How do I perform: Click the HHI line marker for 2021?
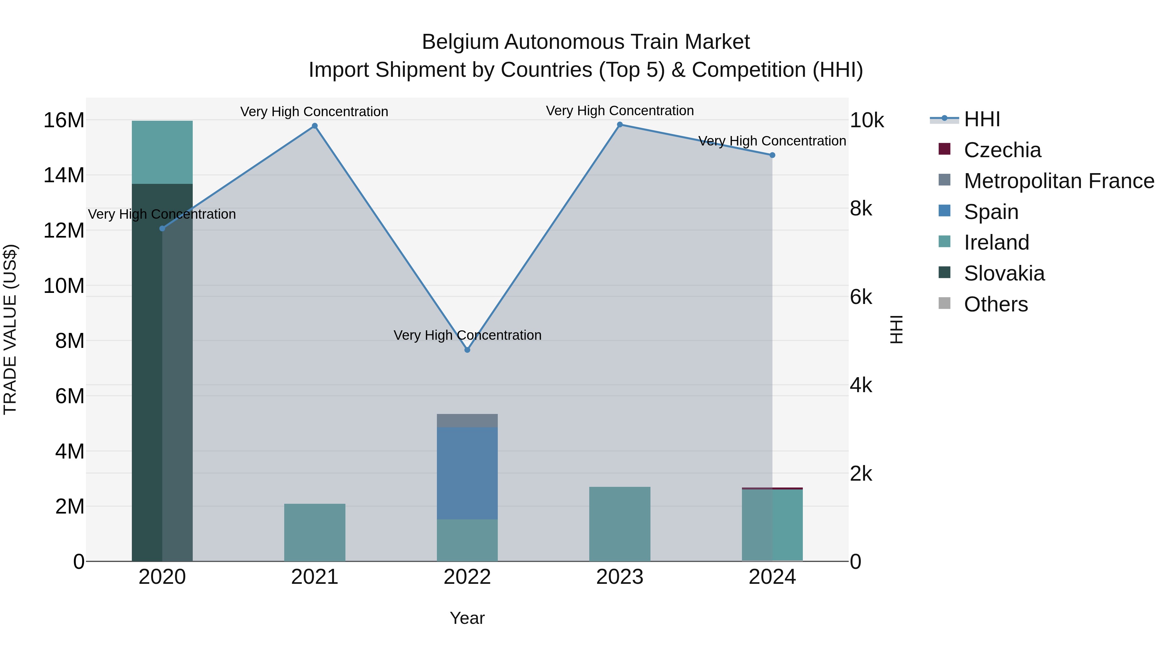click(314, 126)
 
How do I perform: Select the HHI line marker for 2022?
click(467, 350)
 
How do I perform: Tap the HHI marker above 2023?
click(620, 125)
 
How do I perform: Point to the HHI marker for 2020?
click(162, 228)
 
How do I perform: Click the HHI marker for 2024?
click(772, 155)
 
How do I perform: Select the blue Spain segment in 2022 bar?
click(467, 473)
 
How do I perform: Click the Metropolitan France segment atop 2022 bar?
click(467, 421)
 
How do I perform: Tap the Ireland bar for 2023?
click(620, 524)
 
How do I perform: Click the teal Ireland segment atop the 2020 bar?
click(162, 152)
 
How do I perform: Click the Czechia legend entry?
click(1002, 150)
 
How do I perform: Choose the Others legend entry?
click(996, 304)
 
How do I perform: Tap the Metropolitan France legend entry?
click(1058, 181)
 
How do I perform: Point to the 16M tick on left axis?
click(64, 120)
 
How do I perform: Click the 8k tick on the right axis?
click(861, 209)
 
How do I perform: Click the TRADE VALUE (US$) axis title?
click(10, 330)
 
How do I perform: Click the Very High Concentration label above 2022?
click(467, 335)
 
